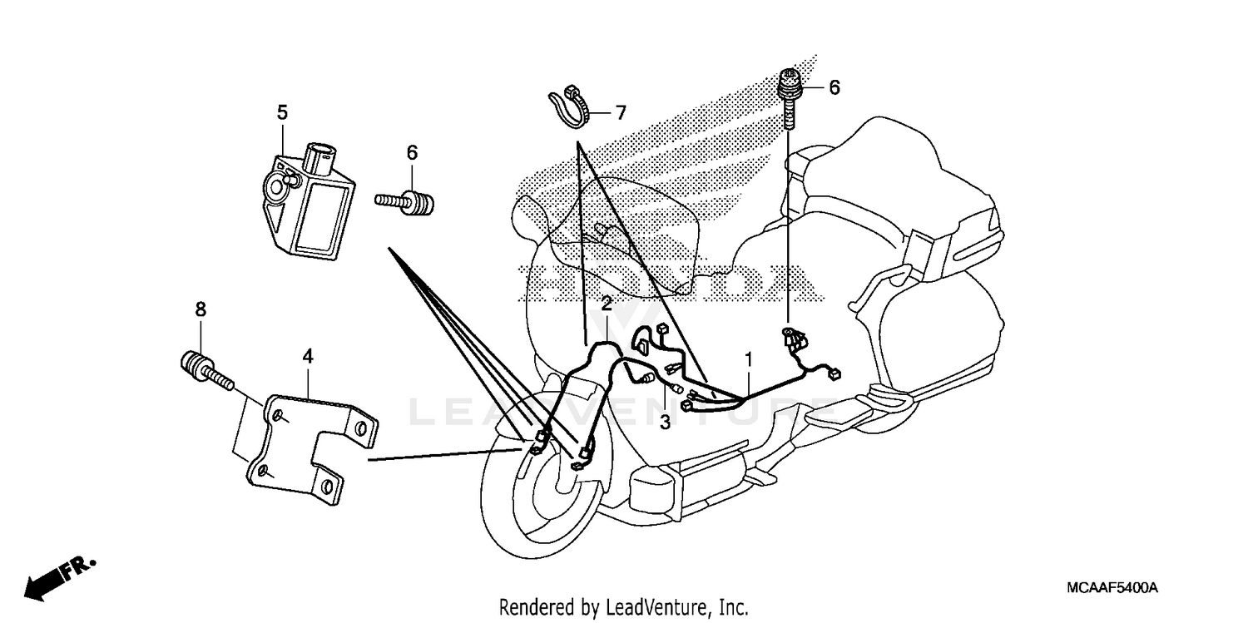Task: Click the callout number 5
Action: pyautogui.click(x=282, y=111)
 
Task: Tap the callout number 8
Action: pyautogui.click(x=201, y=309)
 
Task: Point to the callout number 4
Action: pyautogui.click(x=308, y=356)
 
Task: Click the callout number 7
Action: pyautogui.click(x=620, y=111)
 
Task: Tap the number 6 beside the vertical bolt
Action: pyautogui.click(x=834, y=87)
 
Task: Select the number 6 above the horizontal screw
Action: pyautogui.click(x=412, y=152)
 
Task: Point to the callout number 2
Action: pyautogui.click(x=607, y=304)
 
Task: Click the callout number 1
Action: pyautogui.click(x=749, y=359)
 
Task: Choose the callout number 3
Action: pyautogui.click(x=665, y=423)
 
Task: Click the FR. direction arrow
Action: pyautogui.click(x=58, y=577)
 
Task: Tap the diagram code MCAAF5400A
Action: pyautogui.click(x=1112, y=588)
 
